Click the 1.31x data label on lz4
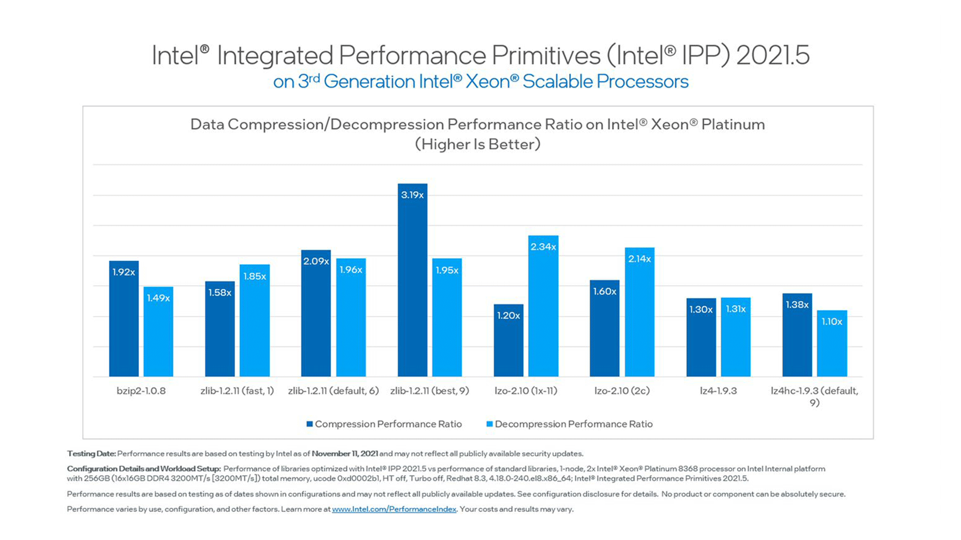(736, 309)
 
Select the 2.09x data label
(316, 261)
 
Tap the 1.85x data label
(254, 276)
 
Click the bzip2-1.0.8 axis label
(141, 391)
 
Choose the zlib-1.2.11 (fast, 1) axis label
(237, 391)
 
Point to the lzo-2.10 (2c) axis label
(622, 391)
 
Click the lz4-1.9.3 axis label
(718, 391)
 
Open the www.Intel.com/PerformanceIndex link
(394, 509)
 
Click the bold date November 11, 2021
(345, 453)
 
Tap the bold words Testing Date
(91, 453)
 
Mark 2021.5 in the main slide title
(772, 55)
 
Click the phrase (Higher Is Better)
(478, 144)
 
